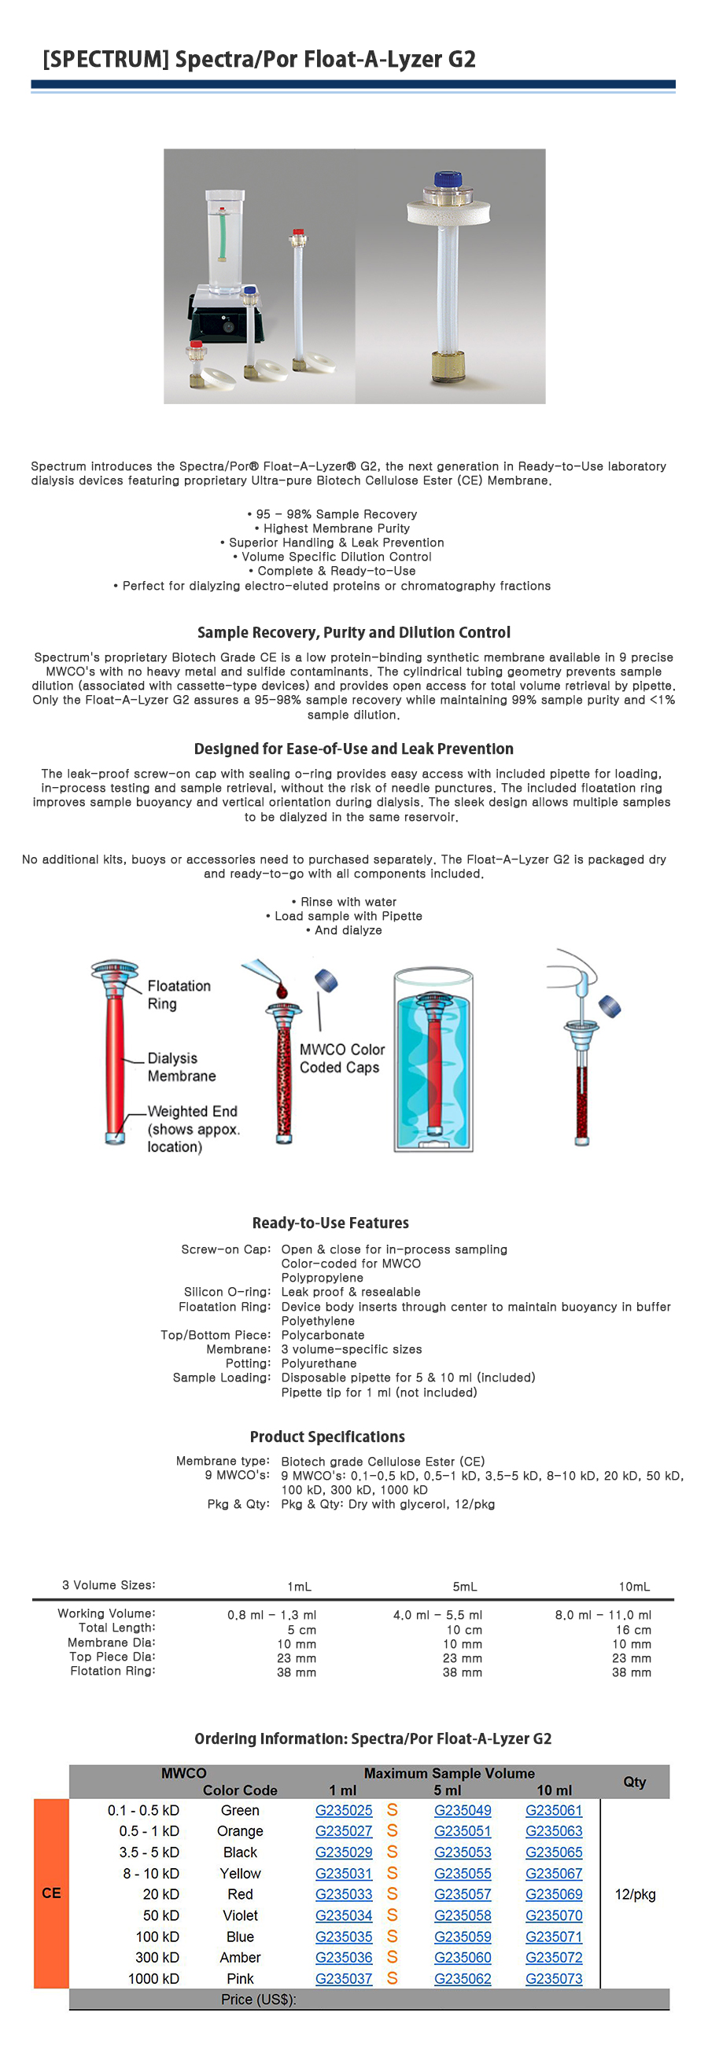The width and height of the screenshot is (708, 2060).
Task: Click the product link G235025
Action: tap(343, 1811)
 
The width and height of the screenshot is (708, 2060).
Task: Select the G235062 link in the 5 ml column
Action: tap(463, 1978)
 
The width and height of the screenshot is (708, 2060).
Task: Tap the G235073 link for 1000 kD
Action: tap(554, 1978)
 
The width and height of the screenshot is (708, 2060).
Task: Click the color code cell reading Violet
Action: tap(240, 1915)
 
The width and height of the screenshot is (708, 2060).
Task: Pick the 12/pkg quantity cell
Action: tap(634, 1894)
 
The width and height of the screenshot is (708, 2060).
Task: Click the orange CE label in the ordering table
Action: tap(51, 1893)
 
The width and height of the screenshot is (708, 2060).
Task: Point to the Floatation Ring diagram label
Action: tap(179, 995)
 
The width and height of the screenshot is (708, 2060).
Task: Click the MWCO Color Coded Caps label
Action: tap(341, 1058)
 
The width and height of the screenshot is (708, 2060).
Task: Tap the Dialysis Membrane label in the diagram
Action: tap(181, 1067)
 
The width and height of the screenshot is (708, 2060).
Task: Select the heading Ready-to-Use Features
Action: tap(330, 1223)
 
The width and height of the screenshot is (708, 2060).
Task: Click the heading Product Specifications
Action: tap(327, 1436)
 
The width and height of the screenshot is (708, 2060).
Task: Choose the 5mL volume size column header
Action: tap(464, 1586)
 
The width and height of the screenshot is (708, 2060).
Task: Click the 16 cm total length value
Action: tap(632, 1630)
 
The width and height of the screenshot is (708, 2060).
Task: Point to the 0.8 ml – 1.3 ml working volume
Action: tap(271, 1616)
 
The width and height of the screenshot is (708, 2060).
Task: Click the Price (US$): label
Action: tap(258, 1999)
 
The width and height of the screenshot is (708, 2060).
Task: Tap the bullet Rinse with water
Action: tap(344, 902)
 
